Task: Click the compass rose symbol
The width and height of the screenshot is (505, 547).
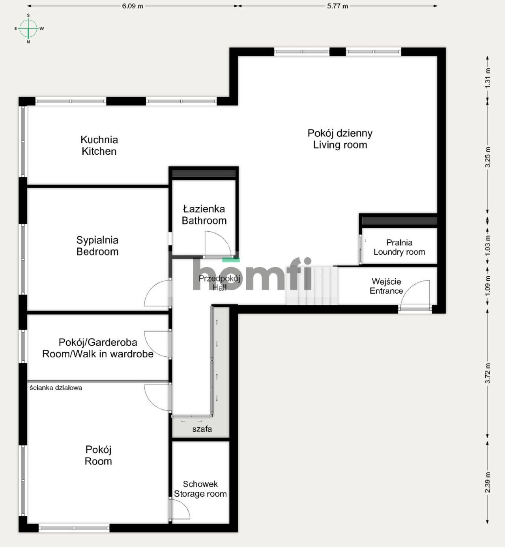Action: (28, 28)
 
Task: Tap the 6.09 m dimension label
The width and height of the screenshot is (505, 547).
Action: (132, 6)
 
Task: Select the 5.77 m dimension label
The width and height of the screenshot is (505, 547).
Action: (337, 6)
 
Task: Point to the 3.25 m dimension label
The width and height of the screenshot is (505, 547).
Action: (488, 157)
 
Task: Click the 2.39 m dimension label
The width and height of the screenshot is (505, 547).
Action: (488, 482)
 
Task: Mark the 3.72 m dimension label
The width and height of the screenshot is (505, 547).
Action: (488, 373)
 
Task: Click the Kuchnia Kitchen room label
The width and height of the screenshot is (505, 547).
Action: (99, 145)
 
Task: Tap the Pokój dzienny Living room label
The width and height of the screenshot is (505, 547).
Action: (340, 139)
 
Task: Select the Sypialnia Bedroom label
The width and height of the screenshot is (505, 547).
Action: (97, 246)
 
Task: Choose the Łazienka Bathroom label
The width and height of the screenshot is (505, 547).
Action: (204, 215)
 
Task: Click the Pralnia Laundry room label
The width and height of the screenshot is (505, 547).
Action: (399, 247)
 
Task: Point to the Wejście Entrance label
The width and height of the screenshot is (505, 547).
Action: (386, 286)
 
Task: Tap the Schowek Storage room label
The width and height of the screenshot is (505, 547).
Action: (200, 489)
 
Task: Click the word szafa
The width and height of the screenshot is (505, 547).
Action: (202, 429)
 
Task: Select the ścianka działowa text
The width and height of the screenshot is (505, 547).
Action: (56, 388)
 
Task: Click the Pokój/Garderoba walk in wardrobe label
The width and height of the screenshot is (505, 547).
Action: (98, 348)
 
